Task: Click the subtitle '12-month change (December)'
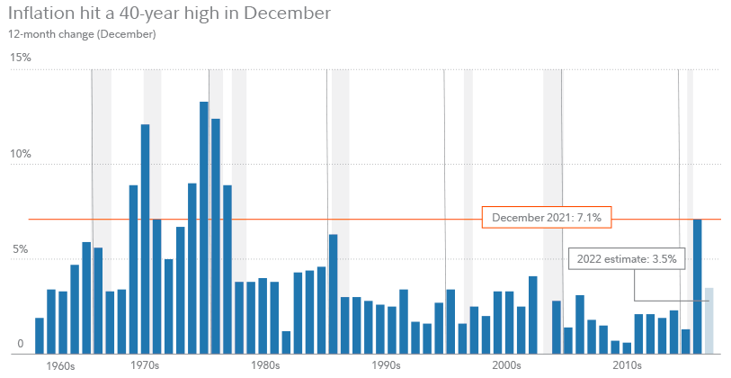82,34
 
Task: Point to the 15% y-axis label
20,58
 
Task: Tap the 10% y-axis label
20,154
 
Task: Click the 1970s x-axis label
144,366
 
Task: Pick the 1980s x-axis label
265,366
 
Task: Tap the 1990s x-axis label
386,366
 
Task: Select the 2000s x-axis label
506,366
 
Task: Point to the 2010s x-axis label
627,366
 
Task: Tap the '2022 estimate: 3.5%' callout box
627,259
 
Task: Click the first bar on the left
40,336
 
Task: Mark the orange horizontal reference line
270,219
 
